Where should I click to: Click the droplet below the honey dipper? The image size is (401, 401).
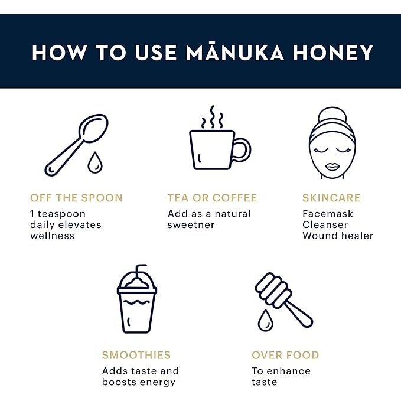(x=265, y=321)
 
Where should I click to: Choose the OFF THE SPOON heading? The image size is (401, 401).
(x=76, y=198)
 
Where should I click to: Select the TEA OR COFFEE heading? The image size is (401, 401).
(x=213, y=198)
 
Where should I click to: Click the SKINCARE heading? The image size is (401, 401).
(x=331, y=198)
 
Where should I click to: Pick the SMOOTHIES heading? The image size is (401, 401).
(x=136, y=356)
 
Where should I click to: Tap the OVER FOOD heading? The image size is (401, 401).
(x=285, y=356)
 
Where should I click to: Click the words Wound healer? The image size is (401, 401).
(x=338, y=236)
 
